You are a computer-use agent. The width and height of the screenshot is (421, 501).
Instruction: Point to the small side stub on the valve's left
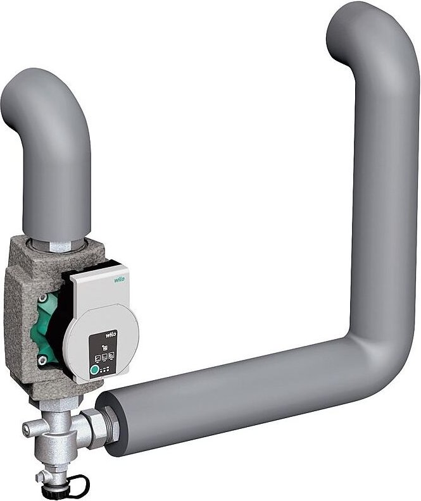click(28, 430)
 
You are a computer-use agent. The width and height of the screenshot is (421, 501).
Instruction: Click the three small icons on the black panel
click(103, 357)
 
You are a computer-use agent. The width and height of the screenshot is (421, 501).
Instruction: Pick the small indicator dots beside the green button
click(105, 369)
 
